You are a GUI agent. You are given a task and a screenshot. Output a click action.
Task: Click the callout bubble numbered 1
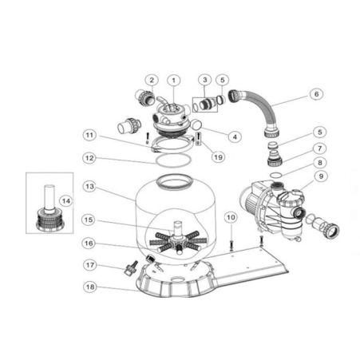click(174, 80)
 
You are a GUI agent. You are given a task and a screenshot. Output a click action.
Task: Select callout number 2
click(152, 80)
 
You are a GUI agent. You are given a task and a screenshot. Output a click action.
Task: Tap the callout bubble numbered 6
click(316, 94)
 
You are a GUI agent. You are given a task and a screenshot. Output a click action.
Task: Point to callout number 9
click(321, 176)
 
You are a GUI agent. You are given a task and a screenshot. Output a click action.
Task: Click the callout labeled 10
click(231, 217)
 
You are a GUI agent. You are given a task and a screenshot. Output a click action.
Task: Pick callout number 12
click(89, 158)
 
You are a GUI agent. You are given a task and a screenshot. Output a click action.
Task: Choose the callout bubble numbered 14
click(66, 201)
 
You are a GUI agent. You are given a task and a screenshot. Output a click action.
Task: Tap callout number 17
click(90, 265)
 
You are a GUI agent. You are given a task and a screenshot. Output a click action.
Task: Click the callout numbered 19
click(218, 157)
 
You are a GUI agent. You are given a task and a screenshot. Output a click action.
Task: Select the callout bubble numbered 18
click(90, 287)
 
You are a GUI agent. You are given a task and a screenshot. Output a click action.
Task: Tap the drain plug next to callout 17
click(131, 268)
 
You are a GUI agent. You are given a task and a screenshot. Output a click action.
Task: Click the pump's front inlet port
click(300, 213)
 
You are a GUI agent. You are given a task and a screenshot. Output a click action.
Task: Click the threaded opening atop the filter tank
click(173, 181)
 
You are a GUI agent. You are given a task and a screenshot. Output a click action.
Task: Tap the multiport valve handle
click(163, 102)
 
